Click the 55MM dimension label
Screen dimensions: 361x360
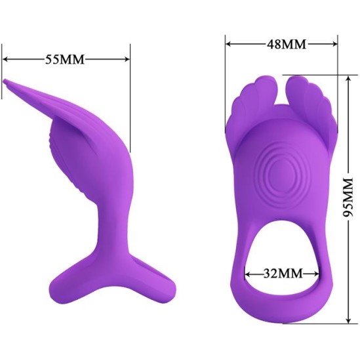point(66,58)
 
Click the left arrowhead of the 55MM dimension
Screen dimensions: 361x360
point(6,58)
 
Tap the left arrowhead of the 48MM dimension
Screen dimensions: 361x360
point(229,44)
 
